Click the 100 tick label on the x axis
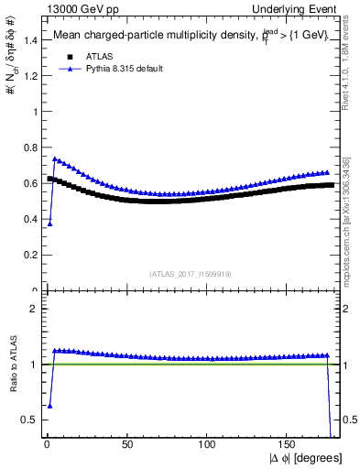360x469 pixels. tap(208, 445)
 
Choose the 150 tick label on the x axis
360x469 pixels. tap(288, 445)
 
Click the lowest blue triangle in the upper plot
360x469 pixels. tap(49, 223)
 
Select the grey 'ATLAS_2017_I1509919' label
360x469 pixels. tap(190, 273)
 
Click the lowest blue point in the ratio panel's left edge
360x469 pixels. tap(49, 405)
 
